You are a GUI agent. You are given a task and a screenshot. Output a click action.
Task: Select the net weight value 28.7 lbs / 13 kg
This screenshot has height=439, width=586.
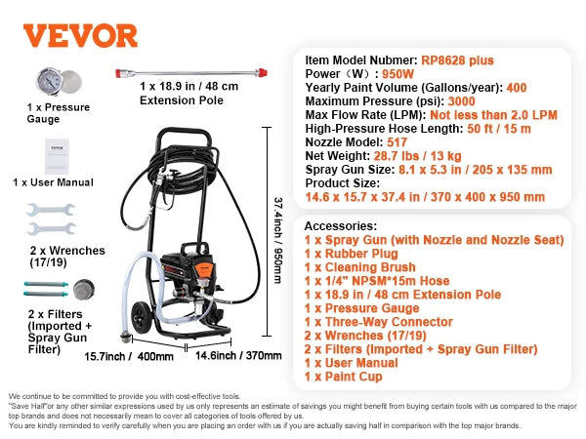[x=413, y=155]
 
